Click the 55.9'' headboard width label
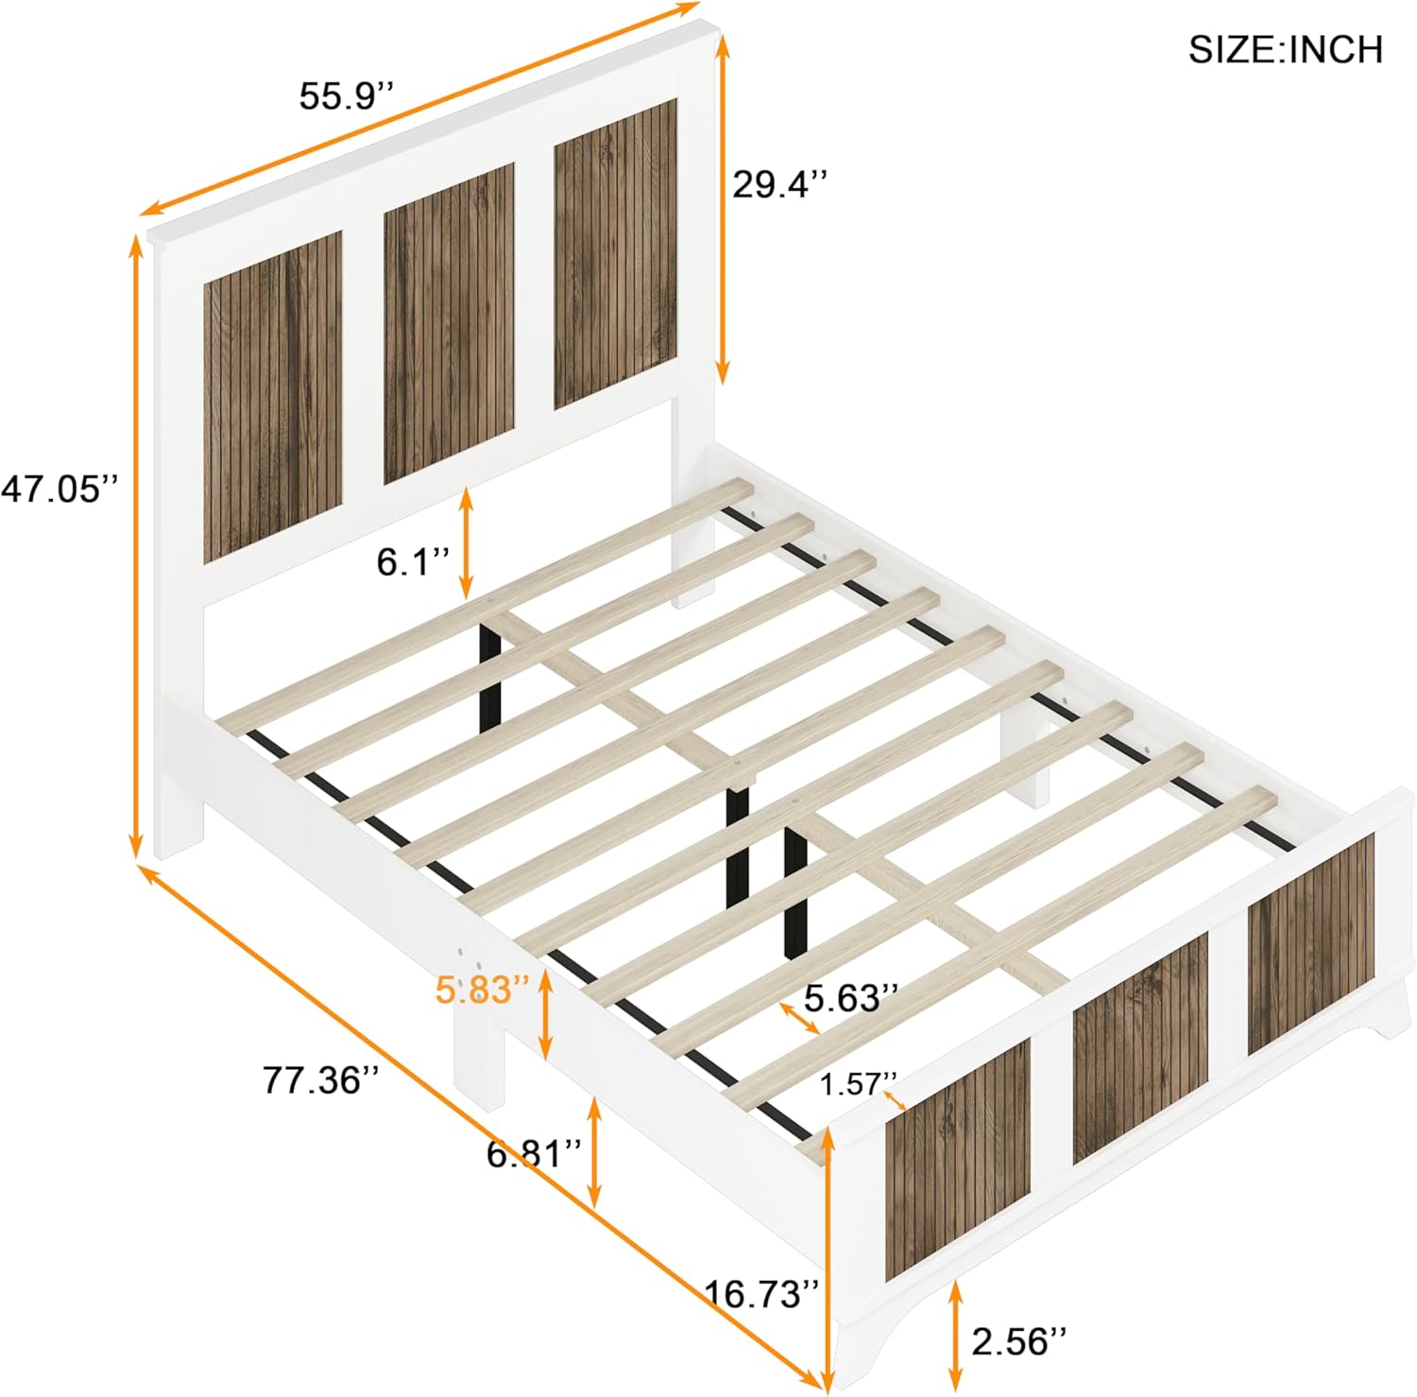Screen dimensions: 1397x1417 click(x=346, y=95)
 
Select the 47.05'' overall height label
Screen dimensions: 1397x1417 click(x=60, y=489)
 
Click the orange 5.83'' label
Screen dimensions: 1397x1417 click(x=482, y=990)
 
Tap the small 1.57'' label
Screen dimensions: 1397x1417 click(x=857, y=1084)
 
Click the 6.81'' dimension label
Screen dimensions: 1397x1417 click(x=535, y=1153)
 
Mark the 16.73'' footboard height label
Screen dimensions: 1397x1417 click(x=762, y=1293)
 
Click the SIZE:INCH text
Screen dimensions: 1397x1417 click(x=1285, y=49)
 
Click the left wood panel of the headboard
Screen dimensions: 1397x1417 click(x=272, y=397)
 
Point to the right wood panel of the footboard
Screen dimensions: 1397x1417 click(x=1310, y=945)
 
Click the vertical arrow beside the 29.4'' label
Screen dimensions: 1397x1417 click(x=724, y=208)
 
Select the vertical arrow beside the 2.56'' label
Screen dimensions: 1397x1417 click(x=956, y=1333)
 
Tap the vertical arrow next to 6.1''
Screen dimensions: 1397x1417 click(x=466, y=543)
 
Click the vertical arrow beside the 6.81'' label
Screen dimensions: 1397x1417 click(x=594, y=1152)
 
